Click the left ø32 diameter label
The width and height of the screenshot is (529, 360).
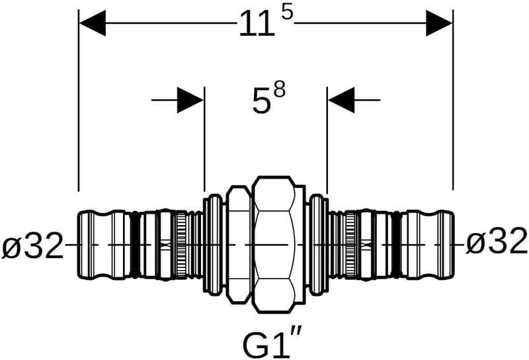point(32,245)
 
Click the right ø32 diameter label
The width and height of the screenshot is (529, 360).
point(497,241)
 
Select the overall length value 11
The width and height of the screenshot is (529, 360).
point(257,23)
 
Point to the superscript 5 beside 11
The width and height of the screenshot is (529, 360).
point(287,13)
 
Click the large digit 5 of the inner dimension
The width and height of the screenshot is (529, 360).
point(262,101)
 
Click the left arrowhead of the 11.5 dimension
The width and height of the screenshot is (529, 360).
point(93,23)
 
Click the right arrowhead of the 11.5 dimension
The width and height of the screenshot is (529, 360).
point(439,23)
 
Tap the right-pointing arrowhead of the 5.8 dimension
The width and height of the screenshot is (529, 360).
point(190,100)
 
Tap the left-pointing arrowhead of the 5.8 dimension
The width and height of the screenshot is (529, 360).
point(341,100)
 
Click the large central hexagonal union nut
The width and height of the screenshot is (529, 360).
point(274,244)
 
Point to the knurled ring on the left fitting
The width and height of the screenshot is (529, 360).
point(181,244)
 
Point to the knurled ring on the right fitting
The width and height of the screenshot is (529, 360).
point(350,244)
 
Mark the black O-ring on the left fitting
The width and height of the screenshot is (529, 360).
point(135,245)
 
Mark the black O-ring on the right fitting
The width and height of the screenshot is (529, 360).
point(396,245)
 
